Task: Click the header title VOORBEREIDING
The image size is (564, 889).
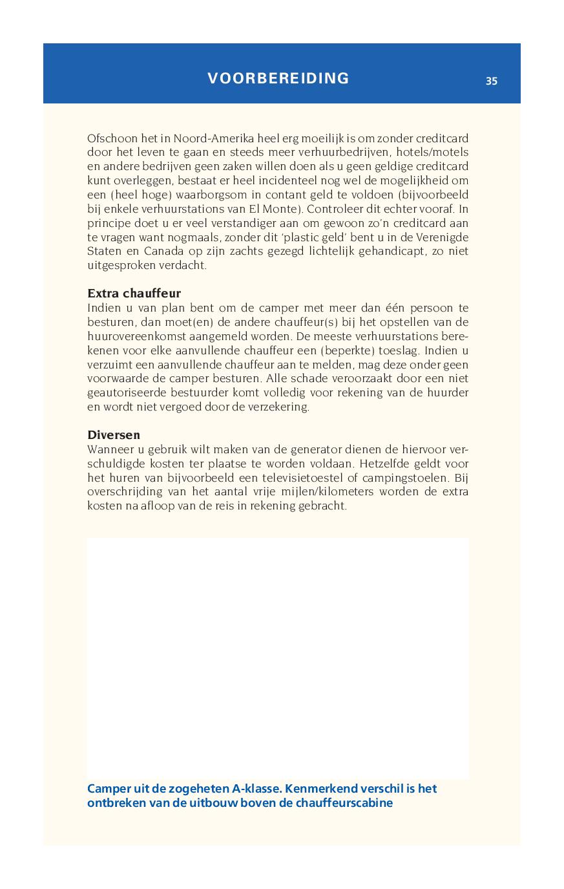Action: (278, 78)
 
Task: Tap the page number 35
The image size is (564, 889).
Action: (492, 81)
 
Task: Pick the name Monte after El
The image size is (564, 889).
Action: (283, 209)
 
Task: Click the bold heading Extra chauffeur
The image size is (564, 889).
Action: (134, 294)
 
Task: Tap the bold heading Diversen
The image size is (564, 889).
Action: (114, 434)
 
